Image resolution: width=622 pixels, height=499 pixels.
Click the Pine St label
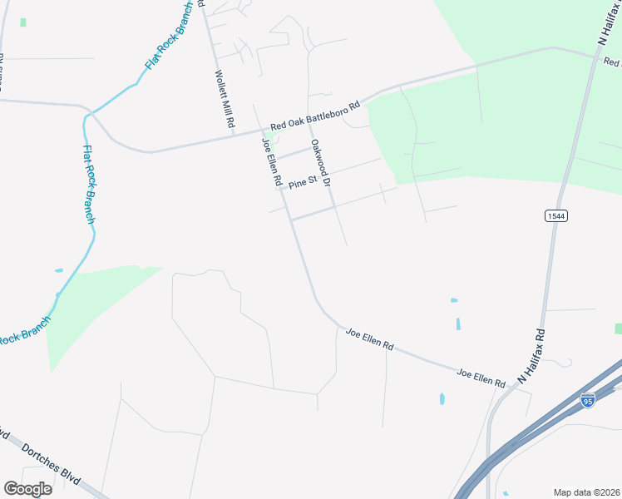303,180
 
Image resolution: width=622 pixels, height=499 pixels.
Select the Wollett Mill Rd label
223,98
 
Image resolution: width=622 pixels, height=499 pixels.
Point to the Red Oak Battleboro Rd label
314,116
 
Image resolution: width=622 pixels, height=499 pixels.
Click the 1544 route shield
556,216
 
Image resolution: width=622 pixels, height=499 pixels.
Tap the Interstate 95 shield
589,401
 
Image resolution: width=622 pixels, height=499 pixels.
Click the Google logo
27,488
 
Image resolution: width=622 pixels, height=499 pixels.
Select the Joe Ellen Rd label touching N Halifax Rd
481,378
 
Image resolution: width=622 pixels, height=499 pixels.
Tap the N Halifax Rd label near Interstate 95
532,355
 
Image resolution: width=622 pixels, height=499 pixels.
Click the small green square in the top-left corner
23,22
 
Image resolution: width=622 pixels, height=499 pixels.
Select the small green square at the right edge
618,329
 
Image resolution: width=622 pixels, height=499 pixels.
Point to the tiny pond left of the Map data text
506,493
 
